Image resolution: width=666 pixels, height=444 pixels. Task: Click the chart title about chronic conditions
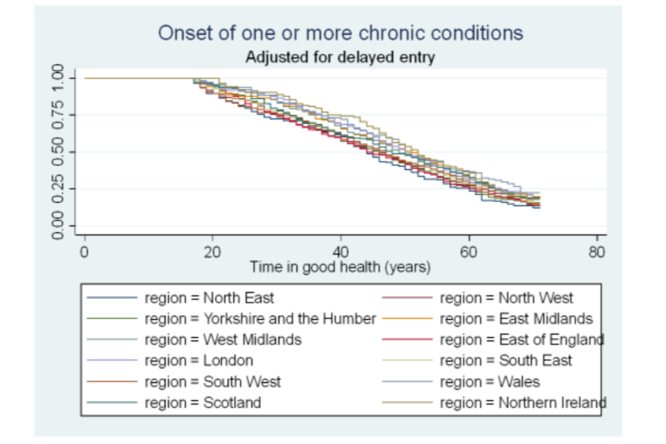340,33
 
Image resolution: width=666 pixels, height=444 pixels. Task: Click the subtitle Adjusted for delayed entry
340,58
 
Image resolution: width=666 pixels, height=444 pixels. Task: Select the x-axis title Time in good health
340,266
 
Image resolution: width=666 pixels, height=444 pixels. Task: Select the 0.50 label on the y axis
58,152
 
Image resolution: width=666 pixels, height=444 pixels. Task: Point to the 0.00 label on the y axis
58,226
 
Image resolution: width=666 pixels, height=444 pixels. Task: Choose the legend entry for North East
209,298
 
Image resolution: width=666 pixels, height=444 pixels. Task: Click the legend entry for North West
506,298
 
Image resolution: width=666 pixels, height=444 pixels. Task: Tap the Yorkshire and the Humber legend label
260,319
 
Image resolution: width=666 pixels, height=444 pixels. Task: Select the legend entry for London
198,361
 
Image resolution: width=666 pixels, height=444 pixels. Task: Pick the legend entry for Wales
490,382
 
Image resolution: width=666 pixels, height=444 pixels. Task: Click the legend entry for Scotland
203,402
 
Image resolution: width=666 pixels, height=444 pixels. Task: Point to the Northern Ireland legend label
523,402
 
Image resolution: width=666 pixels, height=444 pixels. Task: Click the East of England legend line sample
408,340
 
